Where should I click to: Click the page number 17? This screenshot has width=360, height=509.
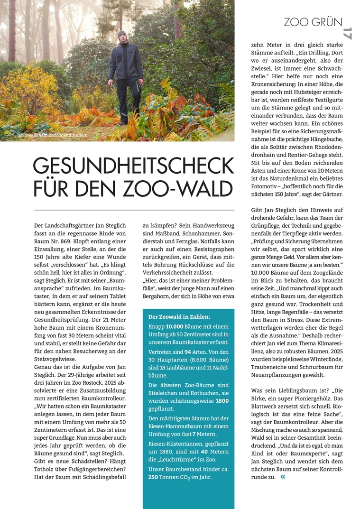pyautogui.click(x=347, y=33)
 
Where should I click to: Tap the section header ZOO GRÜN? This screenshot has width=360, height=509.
pyautogui.click(x=313, y=22)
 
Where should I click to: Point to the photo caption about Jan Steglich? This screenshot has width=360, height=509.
pyautogui.click(x=53, y=135)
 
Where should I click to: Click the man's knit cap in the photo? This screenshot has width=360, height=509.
pyautogui.click(x=122, y=34)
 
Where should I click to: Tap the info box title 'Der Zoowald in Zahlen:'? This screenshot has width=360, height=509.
pyautogui.click(x=179, y=317)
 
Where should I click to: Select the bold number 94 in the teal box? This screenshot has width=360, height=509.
pyautogui.click(x=187, y=352)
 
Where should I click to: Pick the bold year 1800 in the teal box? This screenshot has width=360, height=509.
pyautogui.click(x=222, y=401)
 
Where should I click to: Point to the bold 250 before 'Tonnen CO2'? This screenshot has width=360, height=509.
pyautogui.click(x=153, y=477)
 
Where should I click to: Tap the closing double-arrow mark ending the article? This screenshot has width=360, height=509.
pyautogui.click(x=283, y=476)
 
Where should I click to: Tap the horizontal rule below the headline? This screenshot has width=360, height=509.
pyautogui.click(x=134, y=210)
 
